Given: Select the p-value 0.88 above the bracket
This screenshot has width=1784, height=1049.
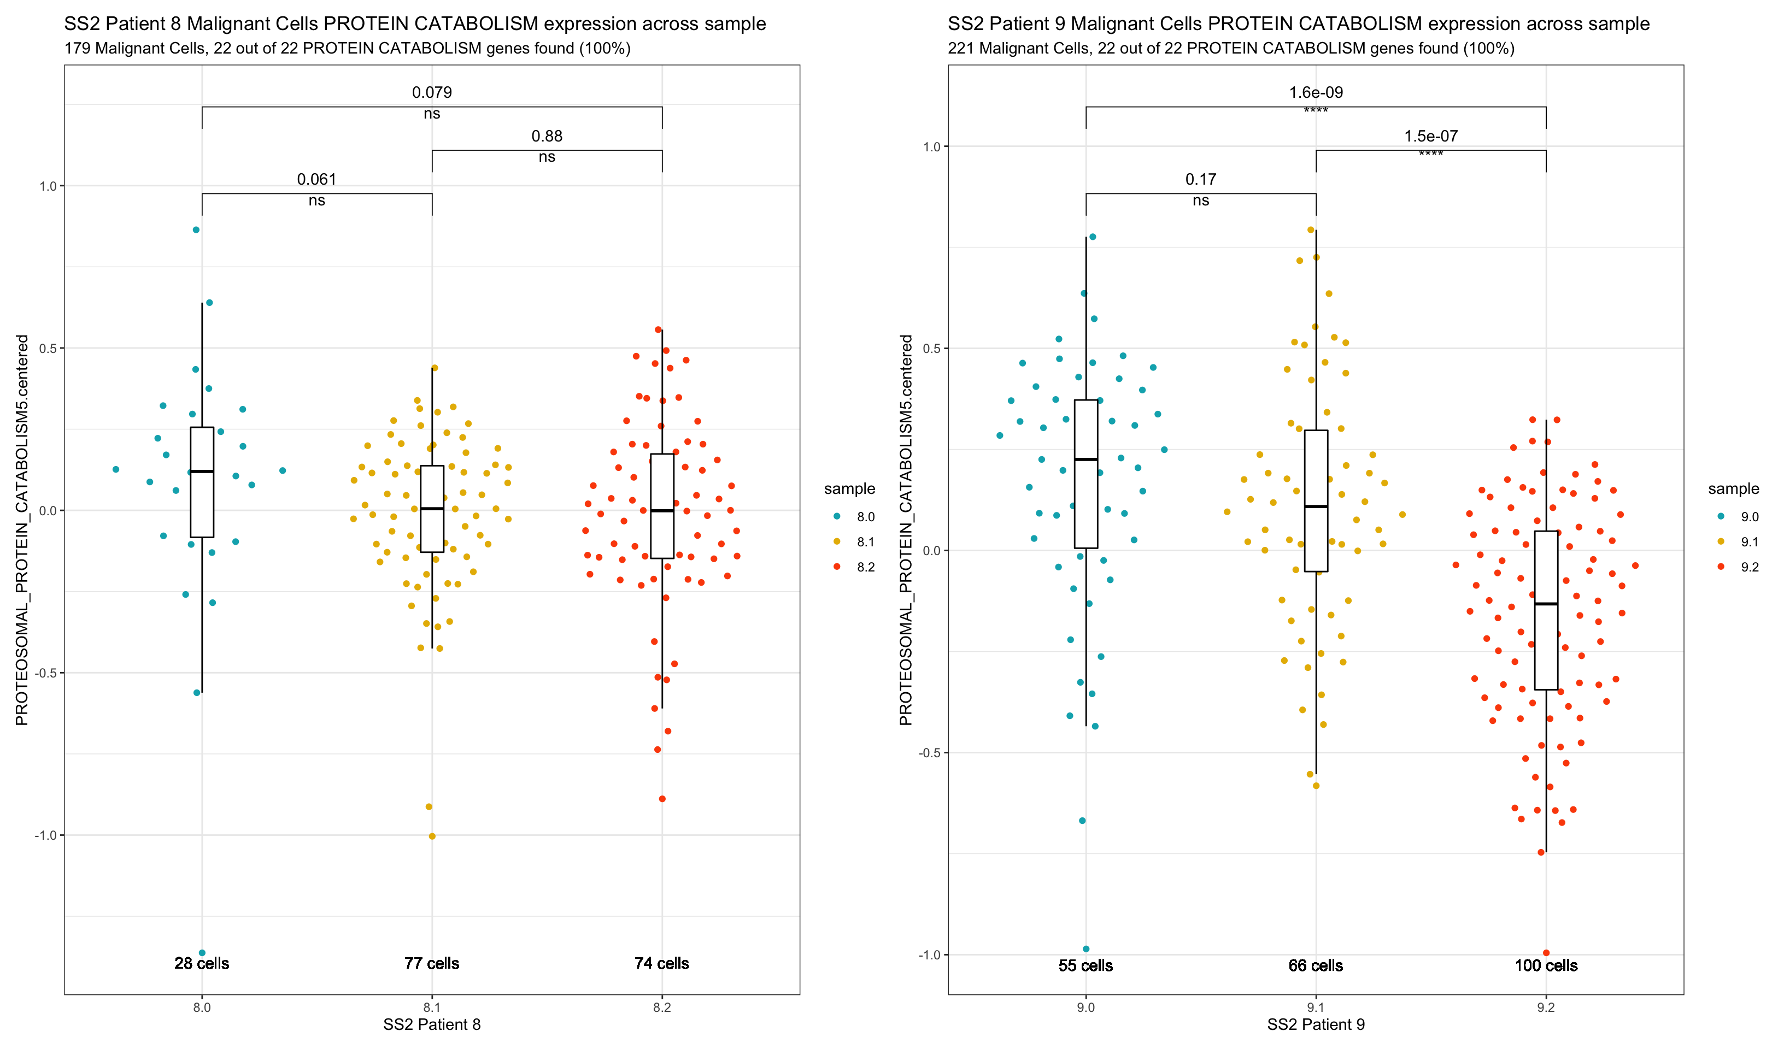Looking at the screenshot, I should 547,136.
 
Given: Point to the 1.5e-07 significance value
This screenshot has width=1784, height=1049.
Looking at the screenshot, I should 1431,136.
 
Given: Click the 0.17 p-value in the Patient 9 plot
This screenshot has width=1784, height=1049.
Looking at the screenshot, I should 1201,179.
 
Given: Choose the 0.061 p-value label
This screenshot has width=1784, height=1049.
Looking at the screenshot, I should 316,179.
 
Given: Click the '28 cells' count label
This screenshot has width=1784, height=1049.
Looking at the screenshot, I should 202,963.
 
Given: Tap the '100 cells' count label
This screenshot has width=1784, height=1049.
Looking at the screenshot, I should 1546,965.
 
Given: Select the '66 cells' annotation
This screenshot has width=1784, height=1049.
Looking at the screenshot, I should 1316,965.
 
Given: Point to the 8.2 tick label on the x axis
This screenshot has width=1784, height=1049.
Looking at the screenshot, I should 662,1007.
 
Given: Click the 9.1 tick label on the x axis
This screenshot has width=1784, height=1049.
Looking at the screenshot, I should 1316,1007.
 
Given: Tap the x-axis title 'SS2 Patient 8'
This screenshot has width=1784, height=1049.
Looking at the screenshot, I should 432,1025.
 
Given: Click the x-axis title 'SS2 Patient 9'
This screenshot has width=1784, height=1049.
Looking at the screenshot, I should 1316,1025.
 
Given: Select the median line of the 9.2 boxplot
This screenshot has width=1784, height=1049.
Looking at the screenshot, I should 1546,604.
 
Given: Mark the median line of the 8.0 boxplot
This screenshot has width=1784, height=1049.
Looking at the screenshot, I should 202,472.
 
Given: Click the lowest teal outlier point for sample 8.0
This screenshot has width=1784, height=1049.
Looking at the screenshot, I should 202,953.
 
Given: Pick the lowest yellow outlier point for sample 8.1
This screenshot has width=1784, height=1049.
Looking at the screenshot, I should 432,836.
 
